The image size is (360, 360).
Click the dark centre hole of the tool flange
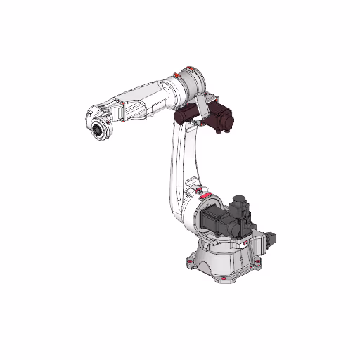pyautogui.click(x=96, y=131)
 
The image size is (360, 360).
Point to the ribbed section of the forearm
pyautogui.click(x=136, y=105)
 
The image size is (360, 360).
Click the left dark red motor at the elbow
pyautogui.click(x=188, y=115)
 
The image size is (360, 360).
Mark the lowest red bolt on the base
pyautogui.click(x=224, y=279)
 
